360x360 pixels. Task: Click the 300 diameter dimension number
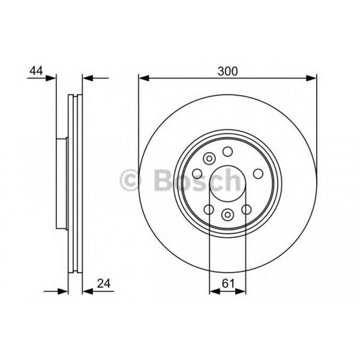click(x=227, y=71)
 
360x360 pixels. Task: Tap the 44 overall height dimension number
click(x=36, y=71)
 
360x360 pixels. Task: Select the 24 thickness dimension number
click(x=103, y=284)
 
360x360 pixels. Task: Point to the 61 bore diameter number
click(x=227, y=284)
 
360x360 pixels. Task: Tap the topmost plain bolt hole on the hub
click(x=228, y=152)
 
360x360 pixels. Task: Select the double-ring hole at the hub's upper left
click(x=209, y=158)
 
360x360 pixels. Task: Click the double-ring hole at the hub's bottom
click(x=228, y=215)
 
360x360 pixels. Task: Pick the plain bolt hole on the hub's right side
click(x=258, y=174)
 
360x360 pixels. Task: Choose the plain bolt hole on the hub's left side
click(x=197, y=174)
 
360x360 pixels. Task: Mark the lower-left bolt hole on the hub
click(x=208, y=209)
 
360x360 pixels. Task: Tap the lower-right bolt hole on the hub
click(x=246, y=209)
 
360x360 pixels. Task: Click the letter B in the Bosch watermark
click(x=160, y=181)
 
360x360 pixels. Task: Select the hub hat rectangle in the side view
click(x=62, y=183)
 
